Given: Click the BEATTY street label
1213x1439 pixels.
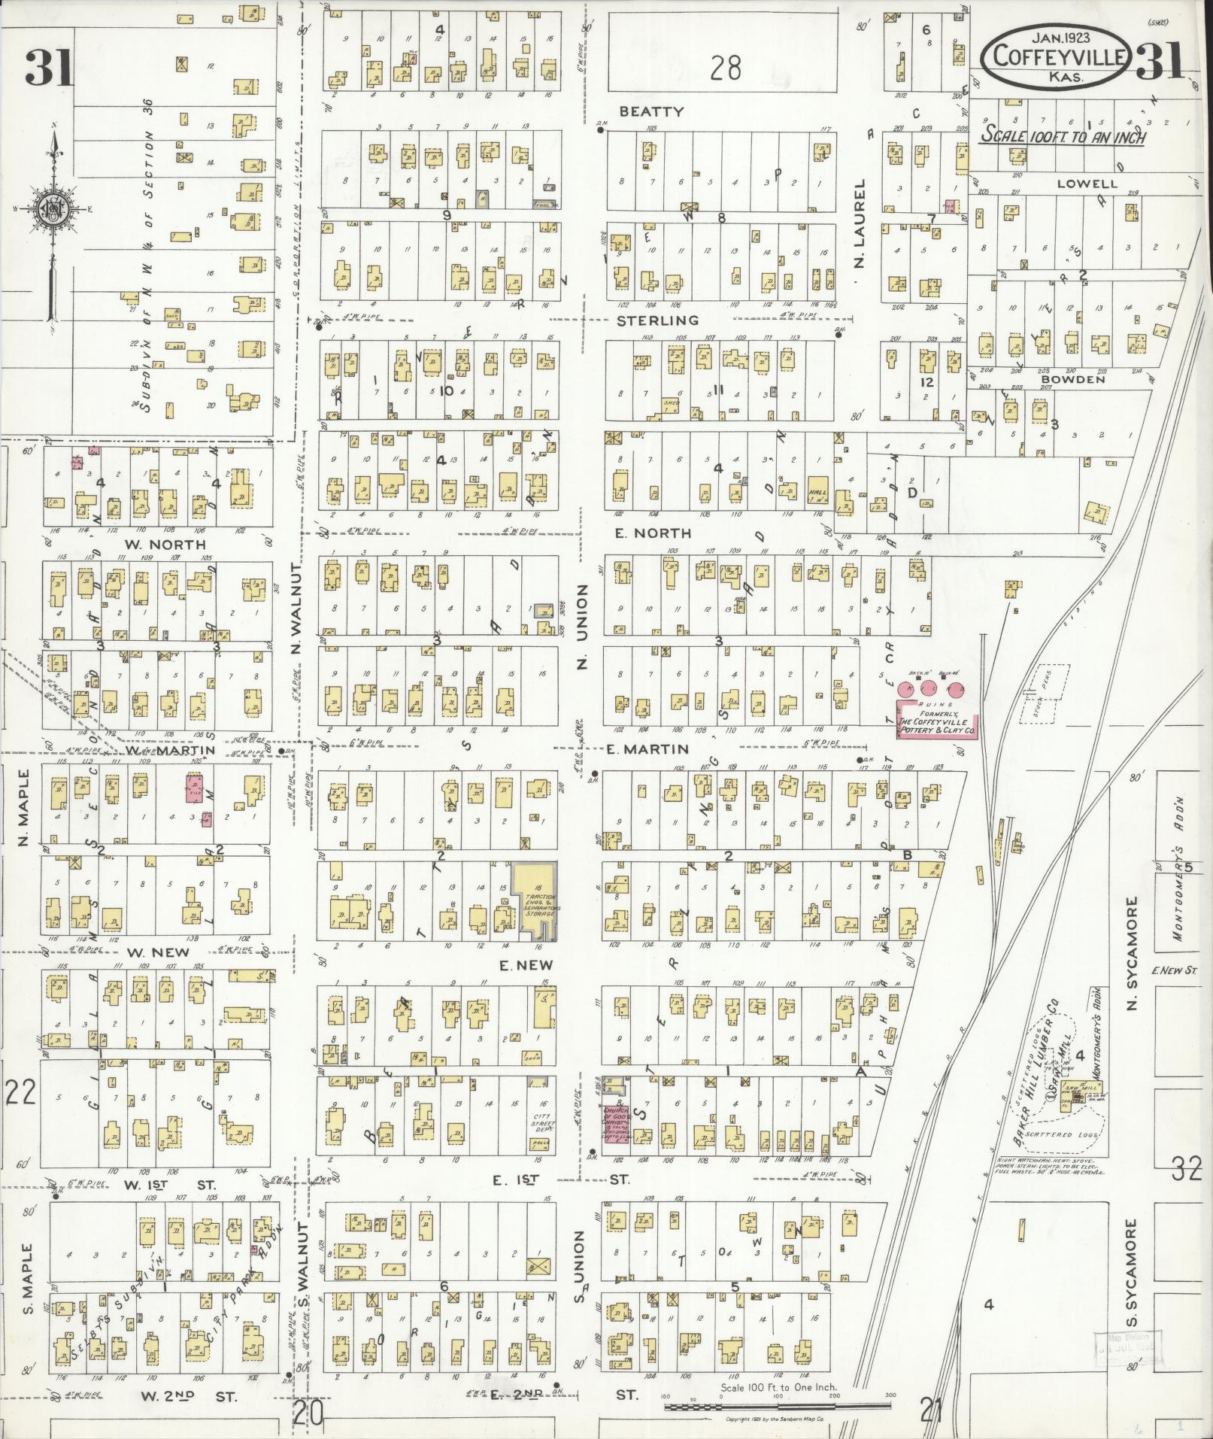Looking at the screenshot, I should [x=651, y=111].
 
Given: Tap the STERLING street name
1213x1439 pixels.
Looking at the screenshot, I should [x=658, y=320].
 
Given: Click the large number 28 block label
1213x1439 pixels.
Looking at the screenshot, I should [x=725, y=68].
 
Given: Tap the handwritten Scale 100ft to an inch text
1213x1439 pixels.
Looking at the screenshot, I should [x=1062, y=137].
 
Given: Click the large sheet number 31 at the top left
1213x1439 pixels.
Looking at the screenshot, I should [x=48, y=69].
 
